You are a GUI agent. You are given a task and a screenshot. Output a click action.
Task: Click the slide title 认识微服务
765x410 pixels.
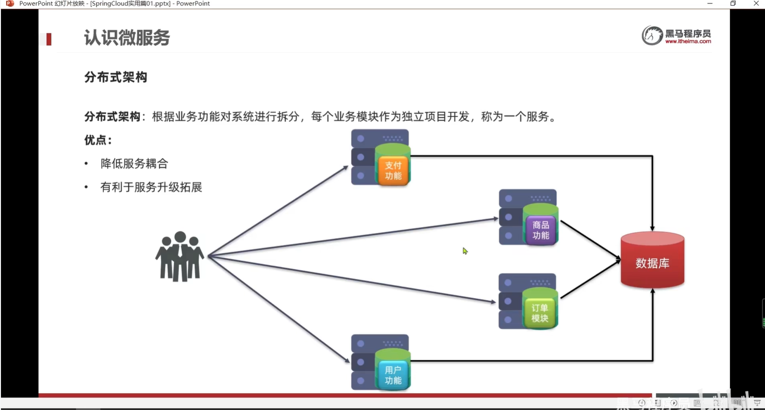coord(127,37)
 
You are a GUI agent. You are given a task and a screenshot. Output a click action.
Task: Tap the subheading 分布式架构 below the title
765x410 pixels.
coord(115,77)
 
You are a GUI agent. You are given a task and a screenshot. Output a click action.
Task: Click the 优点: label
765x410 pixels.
coord(98,140)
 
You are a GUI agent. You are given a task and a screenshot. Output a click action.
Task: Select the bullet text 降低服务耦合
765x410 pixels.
coord(134,164)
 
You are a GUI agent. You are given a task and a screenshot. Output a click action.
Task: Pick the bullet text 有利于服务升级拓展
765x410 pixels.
coord(151,187)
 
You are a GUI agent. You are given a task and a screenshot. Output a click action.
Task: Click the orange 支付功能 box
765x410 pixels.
coord(393,170)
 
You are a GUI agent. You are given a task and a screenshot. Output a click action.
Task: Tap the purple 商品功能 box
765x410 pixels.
coord(540,230)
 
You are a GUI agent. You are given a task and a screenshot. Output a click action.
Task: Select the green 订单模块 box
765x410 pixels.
coord(539,313)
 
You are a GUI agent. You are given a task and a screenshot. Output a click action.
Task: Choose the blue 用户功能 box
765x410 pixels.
coord(393,375)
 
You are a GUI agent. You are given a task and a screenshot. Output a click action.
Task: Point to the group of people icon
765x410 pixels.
coord(179,256)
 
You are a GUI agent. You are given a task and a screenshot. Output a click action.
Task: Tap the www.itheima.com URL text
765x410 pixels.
coord(688,42)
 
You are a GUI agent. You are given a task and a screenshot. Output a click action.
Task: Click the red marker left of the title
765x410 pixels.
coord(49,39)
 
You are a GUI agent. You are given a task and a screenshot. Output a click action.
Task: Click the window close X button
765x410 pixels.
coord(756,3)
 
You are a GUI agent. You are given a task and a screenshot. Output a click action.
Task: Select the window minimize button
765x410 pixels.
coord(710,3)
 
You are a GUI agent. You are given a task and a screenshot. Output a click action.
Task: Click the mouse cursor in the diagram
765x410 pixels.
coord(465,251)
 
